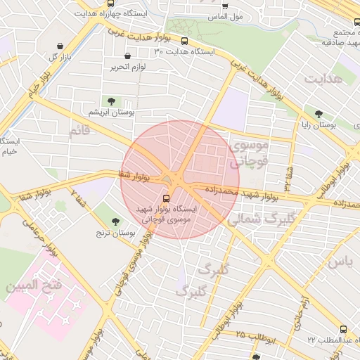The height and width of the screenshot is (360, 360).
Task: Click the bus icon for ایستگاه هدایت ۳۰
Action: pyautogui.click(x=185, y=41)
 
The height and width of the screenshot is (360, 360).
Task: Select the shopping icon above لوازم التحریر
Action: pyautogui.click(x=127, y=56)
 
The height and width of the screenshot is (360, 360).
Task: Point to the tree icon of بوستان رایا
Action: pyautogui.click(x=319, y=113)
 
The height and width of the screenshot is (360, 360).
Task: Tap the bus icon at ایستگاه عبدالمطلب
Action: pyautogui.click(x=343, y=328)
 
